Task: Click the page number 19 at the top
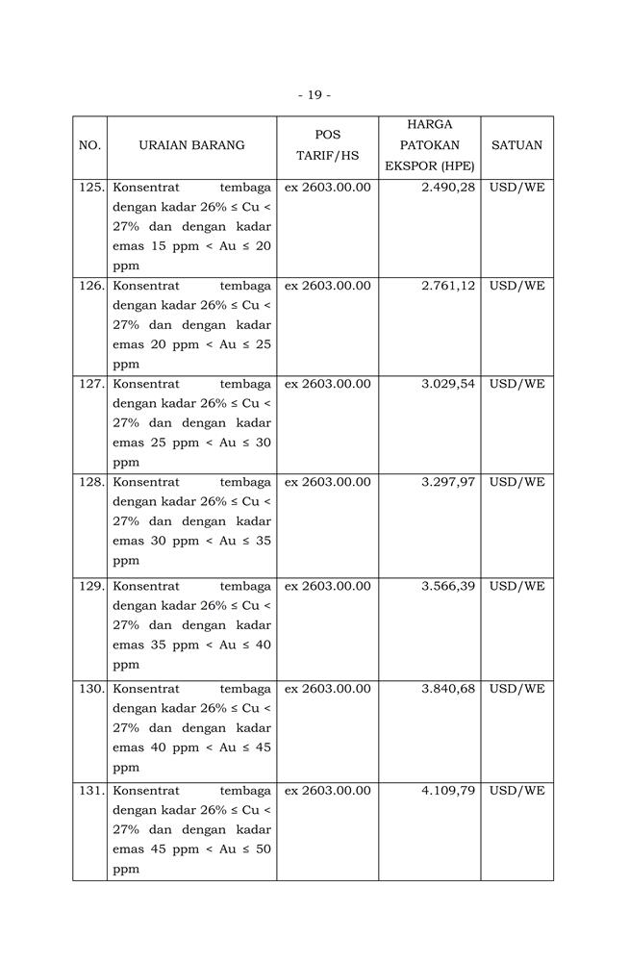tap(314, 95)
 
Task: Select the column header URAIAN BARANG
tap(191, 145)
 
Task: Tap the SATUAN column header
tap(516, 145)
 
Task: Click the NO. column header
tap(89, 145)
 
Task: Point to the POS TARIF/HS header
tap(327, 145)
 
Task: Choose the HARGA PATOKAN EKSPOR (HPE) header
tap(429, 145)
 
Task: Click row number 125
tap(91, 188)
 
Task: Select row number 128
tap(91, 482)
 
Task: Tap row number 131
tap(91, 791)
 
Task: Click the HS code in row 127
tap(327, 384)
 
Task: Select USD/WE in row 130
tap(516, 689)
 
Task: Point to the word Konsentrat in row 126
tap(146, 286)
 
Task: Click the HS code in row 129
tap(327, 586)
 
